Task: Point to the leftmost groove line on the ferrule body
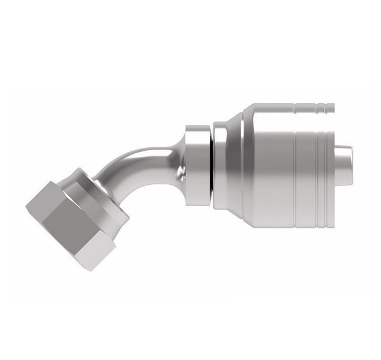pos(295,164)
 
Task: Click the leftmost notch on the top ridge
pos(298,109)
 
